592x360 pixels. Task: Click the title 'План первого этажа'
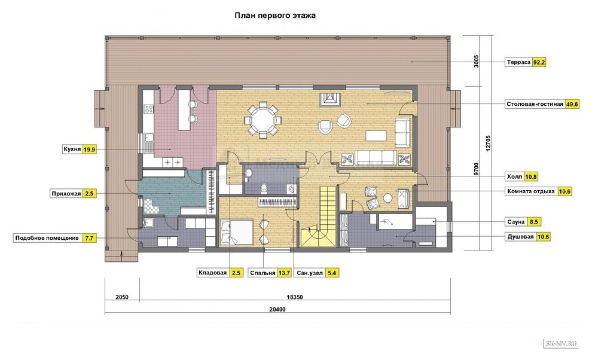pos(275,16)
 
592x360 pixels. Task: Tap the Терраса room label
pos(518,62)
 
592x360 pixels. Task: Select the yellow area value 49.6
pos(572,104)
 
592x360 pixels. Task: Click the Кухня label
pos(72,150)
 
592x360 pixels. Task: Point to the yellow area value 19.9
pos(89,150)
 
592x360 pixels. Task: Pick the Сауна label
pos(515,222)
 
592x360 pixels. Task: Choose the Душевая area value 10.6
pos(544,237)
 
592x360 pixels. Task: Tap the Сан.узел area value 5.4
pos(332,273)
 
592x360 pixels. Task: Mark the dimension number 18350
pos(294,297)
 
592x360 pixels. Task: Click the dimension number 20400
pos(277,309)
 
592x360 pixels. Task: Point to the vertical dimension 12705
pos(488,143)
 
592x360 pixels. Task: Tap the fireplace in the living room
pos(330,99)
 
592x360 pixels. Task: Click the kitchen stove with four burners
pos(149,109)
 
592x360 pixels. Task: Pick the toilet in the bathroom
pos(264,187)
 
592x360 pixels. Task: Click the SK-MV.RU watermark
pos(562,343)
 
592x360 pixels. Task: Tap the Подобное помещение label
pos(47,238)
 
